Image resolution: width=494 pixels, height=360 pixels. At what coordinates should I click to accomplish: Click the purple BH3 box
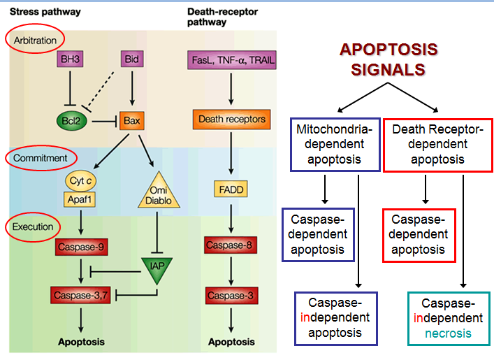70,59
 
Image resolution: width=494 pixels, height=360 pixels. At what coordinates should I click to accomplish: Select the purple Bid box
132,59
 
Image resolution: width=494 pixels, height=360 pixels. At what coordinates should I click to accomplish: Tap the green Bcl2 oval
71,121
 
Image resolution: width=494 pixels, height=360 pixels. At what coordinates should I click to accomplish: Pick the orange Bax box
131,121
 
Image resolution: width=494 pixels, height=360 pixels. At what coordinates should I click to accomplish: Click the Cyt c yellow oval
80,181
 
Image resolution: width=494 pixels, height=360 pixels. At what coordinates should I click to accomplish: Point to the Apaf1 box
80,199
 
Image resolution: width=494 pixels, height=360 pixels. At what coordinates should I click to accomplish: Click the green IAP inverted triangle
157,268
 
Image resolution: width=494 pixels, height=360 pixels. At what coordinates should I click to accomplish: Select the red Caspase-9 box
81,247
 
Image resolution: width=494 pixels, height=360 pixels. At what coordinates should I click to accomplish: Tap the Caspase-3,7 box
80,296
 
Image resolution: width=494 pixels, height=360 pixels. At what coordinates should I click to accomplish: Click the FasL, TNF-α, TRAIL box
232,60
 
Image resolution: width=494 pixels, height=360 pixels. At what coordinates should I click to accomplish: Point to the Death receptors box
232,120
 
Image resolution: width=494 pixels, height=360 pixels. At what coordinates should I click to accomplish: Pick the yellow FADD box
231,189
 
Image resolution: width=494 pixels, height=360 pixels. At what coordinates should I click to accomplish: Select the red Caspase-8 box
231,245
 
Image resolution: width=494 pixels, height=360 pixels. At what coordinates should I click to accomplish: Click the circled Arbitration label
35,41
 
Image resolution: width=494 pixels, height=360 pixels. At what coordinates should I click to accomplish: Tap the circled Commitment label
41,158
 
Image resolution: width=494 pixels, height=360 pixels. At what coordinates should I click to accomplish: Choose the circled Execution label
33,227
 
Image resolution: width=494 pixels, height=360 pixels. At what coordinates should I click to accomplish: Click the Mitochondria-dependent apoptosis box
335,145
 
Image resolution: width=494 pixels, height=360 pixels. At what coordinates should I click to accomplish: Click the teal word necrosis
448,333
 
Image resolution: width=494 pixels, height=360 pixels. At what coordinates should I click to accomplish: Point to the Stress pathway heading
45,12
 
